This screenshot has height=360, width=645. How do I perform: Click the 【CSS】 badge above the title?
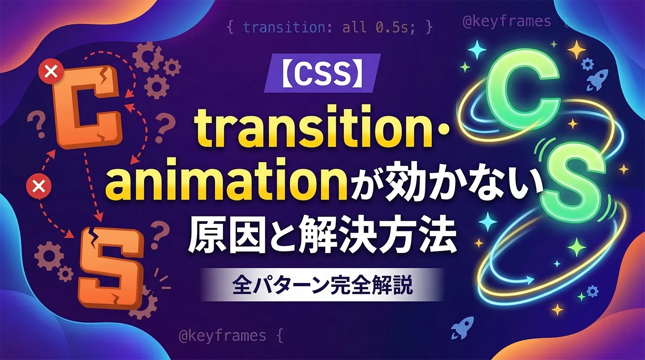322,73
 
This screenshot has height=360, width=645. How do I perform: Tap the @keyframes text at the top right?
506,21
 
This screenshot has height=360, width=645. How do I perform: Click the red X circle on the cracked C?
51,73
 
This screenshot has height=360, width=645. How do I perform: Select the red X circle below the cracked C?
39,186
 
